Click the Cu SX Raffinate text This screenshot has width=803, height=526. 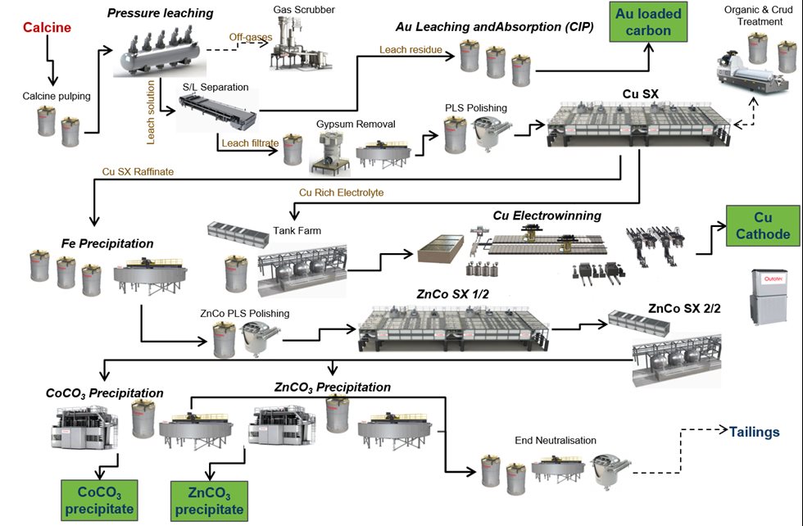tap(138, 172)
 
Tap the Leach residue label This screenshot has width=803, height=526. tap(410, 50)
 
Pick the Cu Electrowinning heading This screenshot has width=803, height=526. tap(547, 215)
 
